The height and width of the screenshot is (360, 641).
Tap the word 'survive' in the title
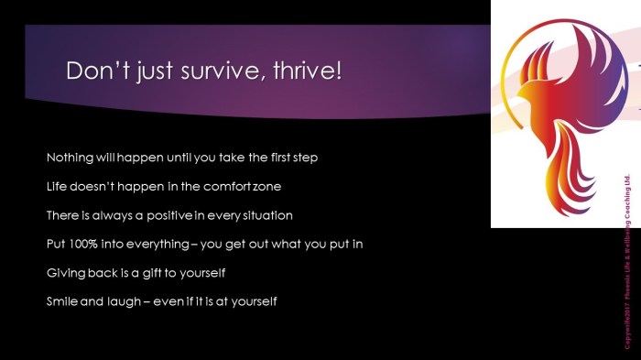pyautogui.click(x=212, y=71)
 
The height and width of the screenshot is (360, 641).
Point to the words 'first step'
pyautogui.click(x=290, y=158)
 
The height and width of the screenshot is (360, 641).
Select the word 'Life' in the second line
pyautogui.click(x=56, y=187)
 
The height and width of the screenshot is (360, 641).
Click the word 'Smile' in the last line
pyautogui.click(x=62, y=301)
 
